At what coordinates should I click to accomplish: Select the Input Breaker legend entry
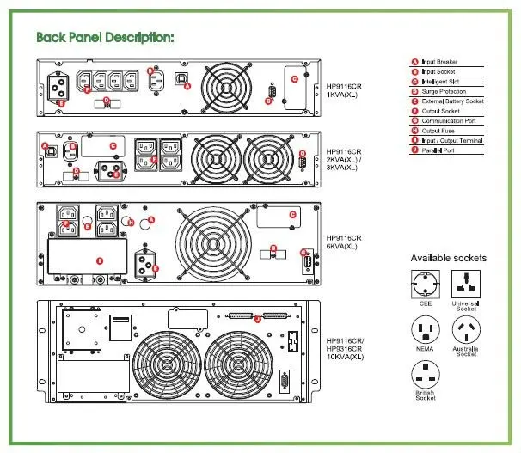tap(439, 62)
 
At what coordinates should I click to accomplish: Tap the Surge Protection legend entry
tap(443, 91)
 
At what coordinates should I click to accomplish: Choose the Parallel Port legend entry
tap(438, 150)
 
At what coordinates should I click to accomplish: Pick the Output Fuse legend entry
tap(438, 131)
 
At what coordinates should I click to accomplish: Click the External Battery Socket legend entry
tap(447, 101)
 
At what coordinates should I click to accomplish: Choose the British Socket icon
tap(426, 376)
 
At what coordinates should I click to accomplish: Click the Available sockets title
tap(448, 258)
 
